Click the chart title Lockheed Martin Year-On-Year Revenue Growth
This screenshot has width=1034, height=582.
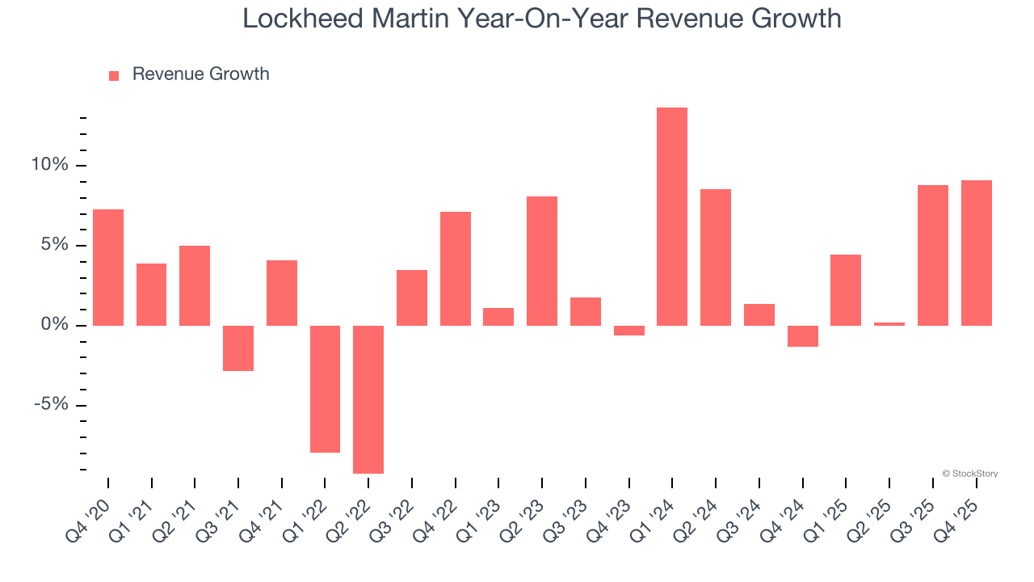point(541,18)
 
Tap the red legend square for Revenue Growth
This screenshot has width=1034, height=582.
point(114,75)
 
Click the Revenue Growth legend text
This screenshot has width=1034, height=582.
point(200,74)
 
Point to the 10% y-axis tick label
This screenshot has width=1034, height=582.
point(50,165)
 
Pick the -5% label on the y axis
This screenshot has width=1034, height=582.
point(51,405)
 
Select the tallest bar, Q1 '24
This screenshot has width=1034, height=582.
point(672,217)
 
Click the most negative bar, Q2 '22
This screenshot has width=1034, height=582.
point(368,399)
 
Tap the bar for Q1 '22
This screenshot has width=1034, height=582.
point(325,389)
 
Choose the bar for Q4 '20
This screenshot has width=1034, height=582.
point(108,268)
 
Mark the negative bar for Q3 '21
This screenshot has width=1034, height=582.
point(238,348)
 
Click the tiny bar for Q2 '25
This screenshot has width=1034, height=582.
point(889,324)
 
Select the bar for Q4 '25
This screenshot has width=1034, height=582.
point(976,253)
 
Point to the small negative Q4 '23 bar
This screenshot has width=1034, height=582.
point(628,331)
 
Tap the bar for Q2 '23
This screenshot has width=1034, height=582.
point(542,261)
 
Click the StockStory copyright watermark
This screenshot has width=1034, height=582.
point(970,474)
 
